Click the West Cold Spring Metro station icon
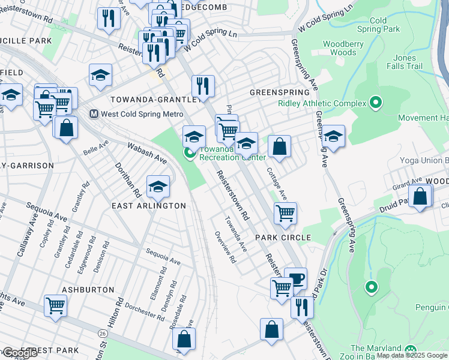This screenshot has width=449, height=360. click(x=94, y=113)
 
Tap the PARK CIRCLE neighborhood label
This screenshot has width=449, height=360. click(x=283, y=238)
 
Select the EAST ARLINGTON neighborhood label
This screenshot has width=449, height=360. click(x=149, y=206)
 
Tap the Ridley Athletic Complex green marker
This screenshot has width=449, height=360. click(x=376, y=103)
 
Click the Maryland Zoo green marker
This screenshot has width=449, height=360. click(x=411, y=349)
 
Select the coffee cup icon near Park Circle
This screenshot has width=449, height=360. click(x=295, y=278)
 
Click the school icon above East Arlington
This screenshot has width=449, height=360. click(x=158, y=187)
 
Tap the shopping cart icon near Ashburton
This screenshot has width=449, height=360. click(x=55, y=305)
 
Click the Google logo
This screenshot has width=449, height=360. click(x=20, y=353)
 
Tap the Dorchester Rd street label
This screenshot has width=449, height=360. click(x=146, y=311)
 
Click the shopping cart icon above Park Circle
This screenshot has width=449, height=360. click(x=285, y=212)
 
